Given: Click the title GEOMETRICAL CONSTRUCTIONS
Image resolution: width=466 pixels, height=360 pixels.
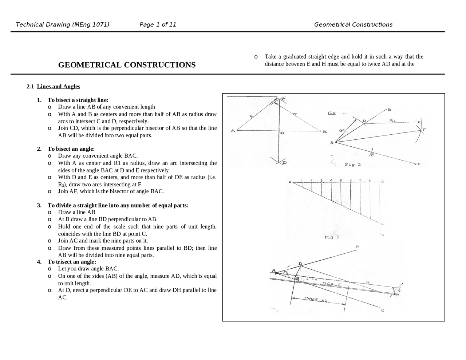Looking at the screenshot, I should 127,65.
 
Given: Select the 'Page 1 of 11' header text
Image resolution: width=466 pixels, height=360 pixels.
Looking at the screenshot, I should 158,25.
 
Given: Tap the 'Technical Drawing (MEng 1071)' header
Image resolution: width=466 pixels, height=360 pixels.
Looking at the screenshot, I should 62,25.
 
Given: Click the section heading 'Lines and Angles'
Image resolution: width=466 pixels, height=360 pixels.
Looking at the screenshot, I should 58,87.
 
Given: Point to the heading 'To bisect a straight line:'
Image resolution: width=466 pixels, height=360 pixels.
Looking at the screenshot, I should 78,100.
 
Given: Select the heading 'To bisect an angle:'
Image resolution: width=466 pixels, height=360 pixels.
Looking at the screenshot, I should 71,149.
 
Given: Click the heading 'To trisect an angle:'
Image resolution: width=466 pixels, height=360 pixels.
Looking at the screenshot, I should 72,262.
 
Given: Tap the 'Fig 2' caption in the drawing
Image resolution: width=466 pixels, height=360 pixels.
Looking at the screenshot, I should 352,165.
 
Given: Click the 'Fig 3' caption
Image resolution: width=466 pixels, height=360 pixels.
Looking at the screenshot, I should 331,237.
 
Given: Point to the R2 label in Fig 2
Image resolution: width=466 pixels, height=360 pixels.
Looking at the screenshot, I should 392,120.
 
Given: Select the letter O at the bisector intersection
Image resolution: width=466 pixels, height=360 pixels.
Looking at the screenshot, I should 282,134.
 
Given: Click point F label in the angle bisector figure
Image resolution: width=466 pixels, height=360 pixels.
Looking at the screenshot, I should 424,130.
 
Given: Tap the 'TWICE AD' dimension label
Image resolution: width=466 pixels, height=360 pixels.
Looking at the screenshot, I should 316,300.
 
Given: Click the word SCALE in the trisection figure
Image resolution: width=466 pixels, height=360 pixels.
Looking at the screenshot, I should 332,284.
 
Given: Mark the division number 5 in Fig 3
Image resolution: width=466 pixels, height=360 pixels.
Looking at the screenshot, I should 340,180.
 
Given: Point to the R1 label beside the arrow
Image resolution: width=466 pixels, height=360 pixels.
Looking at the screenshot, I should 341,130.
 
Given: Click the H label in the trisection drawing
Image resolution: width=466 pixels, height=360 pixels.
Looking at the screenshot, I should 368,282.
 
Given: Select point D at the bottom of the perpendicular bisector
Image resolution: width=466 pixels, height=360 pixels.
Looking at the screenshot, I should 284,163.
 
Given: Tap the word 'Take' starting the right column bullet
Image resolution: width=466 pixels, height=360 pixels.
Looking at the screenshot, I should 270,57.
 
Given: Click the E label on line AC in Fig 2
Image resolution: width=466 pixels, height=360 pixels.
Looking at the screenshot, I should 372,155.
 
